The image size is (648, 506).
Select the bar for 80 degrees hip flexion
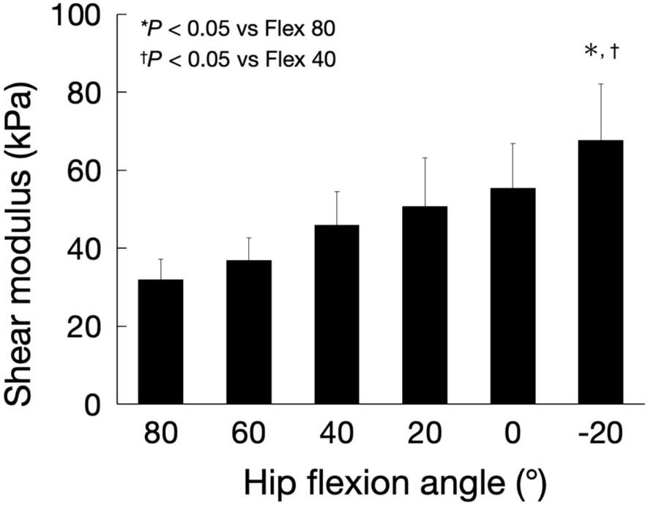(161, 342)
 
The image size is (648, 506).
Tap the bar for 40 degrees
(337, 315)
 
